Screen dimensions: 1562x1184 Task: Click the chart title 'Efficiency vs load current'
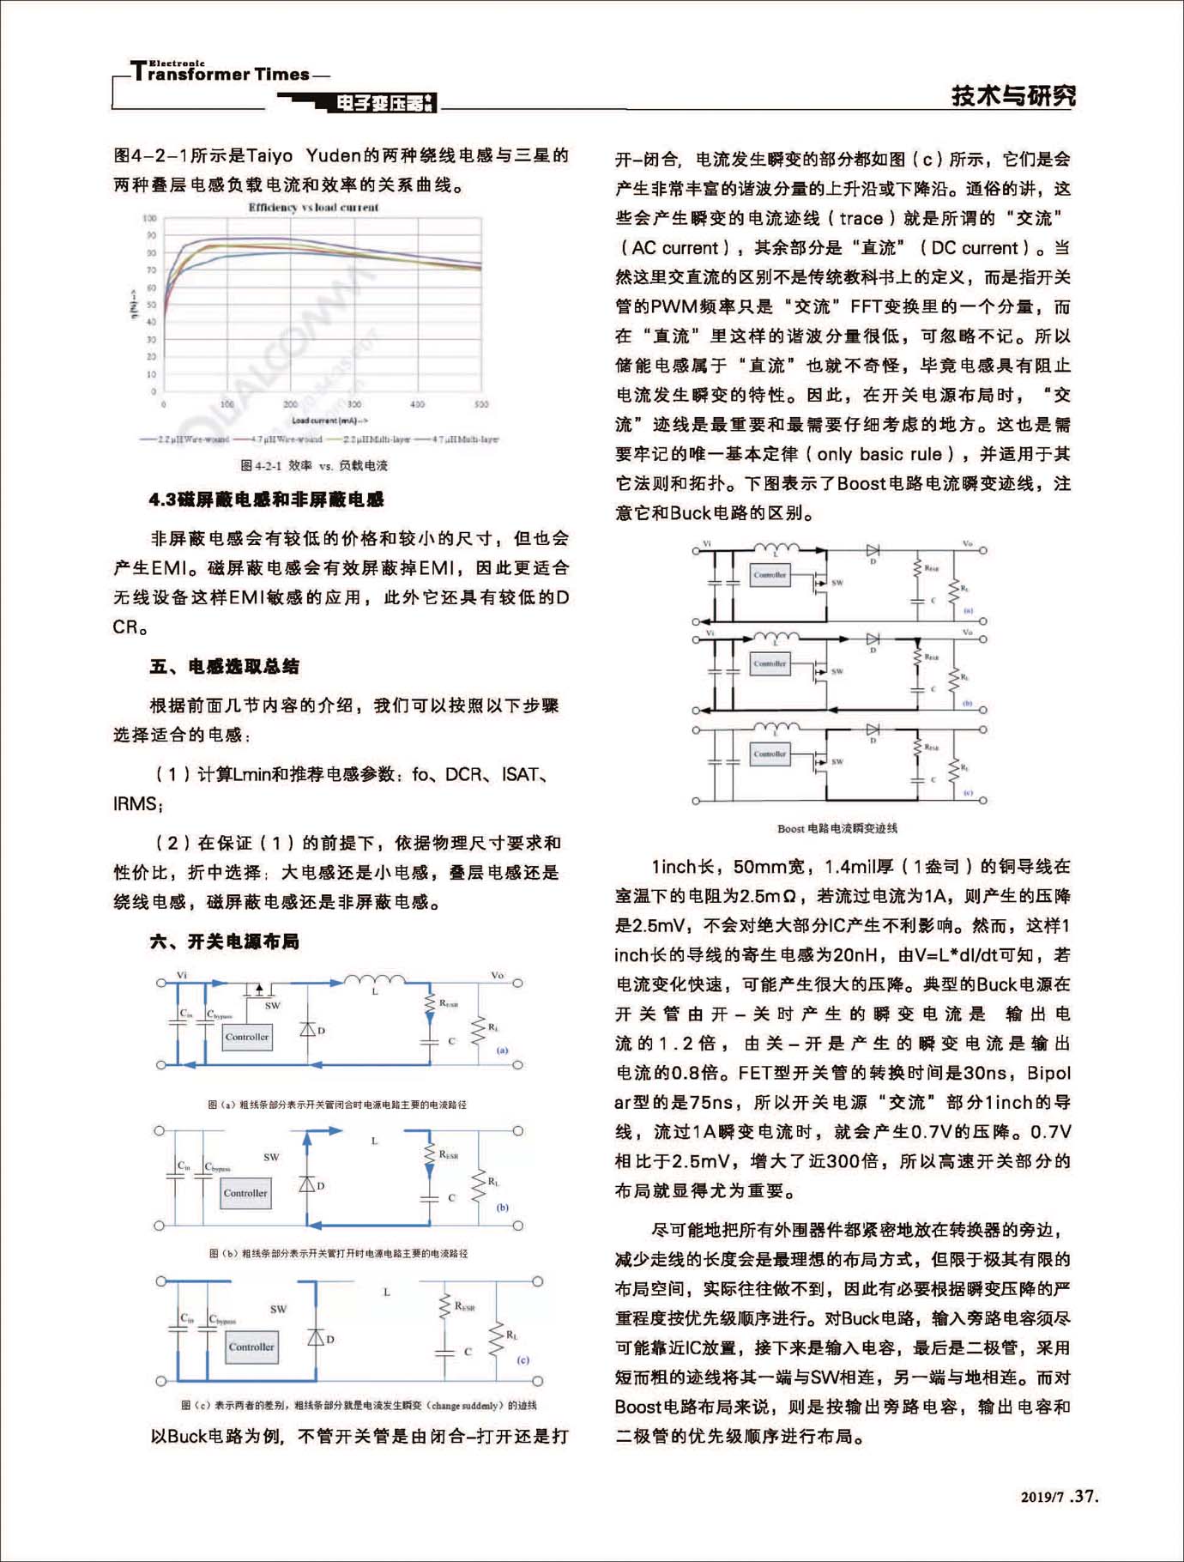pos(313,207)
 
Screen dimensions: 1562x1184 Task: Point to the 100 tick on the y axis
pos(150,219)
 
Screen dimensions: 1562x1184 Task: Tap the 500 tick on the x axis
pos(481,403)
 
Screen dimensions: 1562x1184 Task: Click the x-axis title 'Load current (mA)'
pos(329,421)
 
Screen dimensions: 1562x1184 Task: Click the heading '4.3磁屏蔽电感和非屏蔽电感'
pos(266,499)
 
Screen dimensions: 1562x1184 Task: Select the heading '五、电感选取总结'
pos(225,666)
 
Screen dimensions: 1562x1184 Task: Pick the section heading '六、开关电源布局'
pos(225,941)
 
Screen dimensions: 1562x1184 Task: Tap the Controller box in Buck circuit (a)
pos(247,1037)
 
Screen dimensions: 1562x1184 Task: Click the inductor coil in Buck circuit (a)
pos(374,979)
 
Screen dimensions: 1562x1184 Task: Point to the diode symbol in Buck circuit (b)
pos(307,1184)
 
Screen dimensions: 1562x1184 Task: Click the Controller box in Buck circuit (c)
pos(251,1347)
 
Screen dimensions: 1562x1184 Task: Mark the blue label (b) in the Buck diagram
pos(503,1207)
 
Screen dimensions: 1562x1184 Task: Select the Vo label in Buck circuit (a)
pos(498,975)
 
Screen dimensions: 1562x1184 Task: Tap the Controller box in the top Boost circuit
pos(770,575)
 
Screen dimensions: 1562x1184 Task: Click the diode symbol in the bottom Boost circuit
pos(873,730)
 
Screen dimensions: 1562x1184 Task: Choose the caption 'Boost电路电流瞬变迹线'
pos(837,828)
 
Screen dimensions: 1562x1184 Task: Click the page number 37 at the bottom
pos(1084,1496)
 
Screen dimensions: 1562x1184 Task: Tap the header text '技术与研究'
pos(1013,95)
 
